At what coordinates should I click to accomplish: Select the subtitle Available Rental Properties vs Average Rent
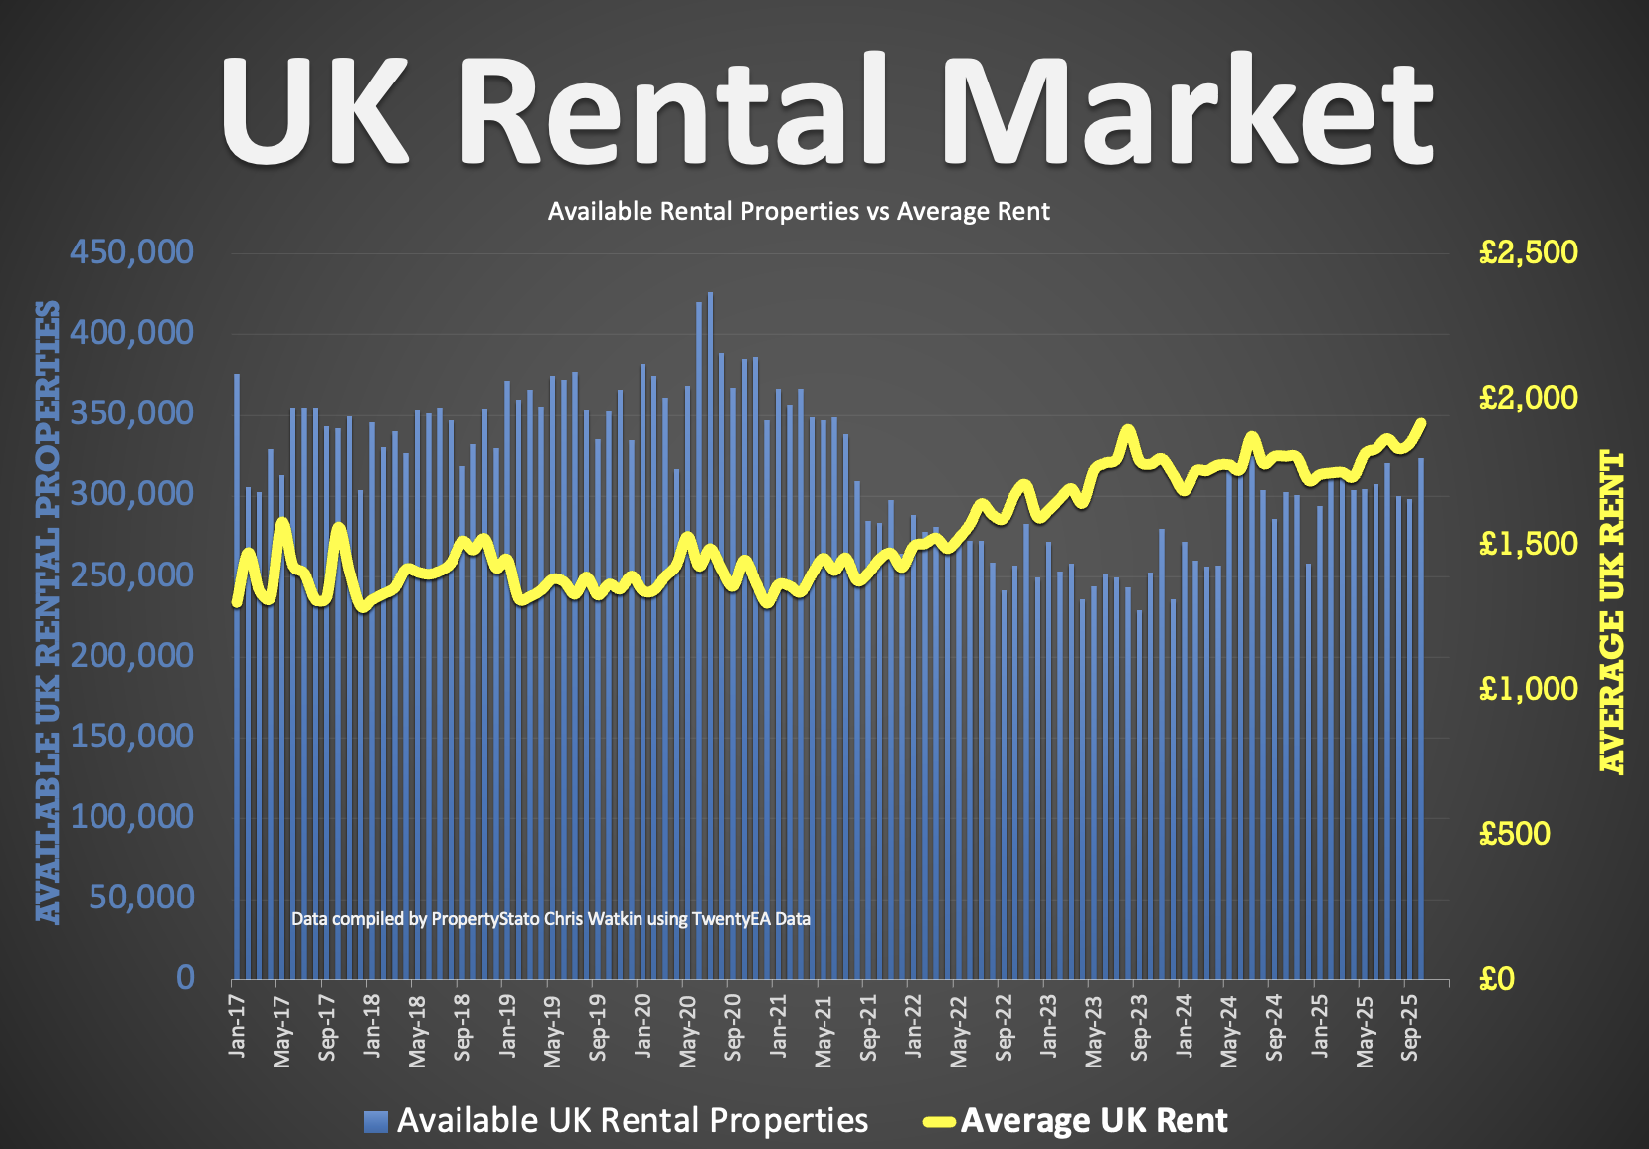point(799,212)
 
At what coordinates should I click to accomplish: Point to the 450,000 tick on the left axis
point(131,251)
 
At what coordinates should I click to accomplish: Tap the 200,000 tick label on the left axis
point(131,655)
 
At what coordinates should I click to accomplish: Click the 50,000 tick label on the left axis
point(141,897)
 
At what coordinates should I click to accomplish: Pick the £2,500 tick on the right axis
point(1528,251)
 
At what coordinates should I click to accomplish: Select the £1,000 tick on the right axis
point(1528,688)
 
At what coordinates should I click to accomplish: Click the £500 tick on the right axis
point(1514,833)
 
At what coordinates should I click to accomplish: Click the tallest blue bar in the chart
point(710,636)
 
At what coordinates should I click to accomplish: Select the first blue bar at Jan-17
point(237,676)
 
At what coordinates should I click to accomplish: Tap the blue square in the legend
point(376,1121)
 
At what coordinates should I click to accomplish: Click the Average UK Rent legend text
point(1094,1121)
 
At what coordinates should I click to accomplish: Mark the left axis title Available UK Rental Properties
point(48,611)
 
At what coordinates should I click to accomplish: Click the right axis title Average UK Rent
point(1611,611)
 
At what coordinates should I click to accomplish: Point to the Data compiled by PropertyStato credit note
point(550,919)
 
